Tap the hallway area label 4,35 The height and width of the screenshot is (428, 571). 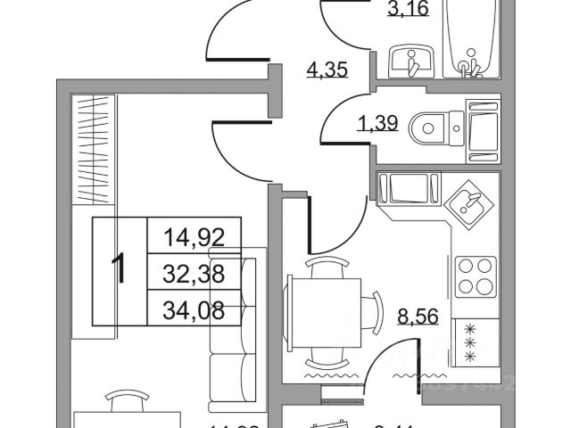[327, 70]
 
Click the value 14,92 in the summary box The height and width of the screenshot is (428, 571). [192, 237]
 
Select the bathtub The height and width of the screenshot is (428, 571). [471, 40]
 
